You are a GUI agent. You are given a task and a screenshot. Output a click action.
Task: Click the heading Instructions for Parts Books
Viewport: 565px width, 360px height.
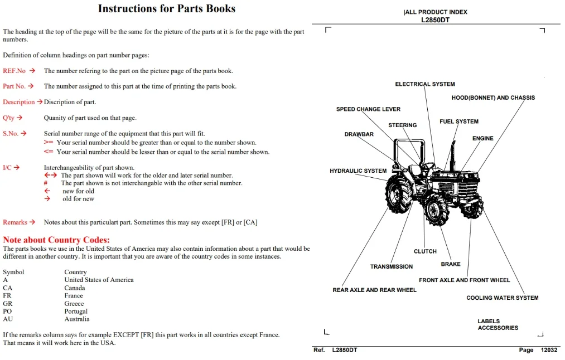coord(166,8)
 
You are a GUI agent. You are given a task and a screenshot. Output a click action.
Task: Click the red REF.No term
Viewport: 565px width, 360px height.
coord(15,71)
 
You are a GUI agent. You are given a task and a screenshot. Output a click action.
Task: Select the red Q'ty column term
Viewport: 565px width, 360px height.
coord(9,118)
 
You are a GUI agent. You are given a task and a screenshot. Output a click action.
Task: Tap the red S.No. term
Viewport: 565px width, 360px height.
coord(11,134)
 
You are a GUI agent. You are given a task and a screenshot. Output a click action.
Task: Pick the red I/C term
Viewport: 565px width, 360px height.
coord(7,167)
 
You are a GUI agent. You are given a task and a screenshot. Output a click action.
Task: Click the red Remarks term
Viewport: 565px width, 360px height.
coord(15,222)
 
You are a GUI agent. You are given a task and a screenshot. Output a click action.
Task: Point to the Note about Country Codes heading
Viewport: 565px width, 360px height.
coord(56,240)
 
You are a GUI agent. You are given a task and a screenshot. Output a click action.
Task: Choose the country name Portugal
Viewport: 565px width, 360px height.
coord(76,311)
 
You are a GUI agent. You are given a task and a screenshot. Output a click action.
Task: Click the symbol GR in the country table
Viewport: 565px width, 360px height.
coord(8,304)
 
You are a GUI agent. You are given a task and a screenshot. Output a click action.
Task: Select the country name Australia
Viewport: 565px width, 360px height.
coord(77,319)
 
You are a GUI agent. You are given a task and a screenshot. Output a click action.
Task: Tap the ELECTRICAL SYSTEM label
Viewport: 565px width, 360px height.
coord(425,84)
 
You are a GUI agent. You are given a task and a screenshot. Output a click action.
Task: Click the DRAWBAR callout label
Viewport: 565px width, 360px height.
coord(359,134)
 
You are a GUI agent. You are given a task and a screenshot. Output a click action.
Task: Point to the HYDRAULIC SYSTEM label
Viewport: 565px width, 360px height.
coord(358,171)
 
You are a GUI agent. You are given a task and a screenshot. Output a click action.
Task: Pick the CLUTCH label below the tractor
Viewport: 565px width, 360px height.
coord(425,251)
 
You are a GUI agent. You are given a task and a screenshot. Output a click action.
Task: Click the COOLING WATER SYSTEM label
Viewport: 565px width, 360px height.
coord(503,298)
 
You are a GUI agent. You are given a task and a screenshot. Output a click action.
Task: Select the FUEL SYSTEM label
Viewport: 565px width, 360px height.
coord(459,121)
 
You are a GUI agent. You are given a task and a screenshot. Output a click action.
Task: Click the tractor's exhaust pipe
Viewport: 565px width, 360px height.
coord(452,155)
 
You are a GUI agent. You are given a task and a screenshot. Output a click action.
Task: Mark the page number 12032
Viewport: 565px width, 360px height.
coord(549,350)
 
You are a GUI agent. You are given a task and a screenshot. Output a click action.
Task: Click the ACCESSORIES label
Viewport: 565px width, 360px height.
coord(498,328)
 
